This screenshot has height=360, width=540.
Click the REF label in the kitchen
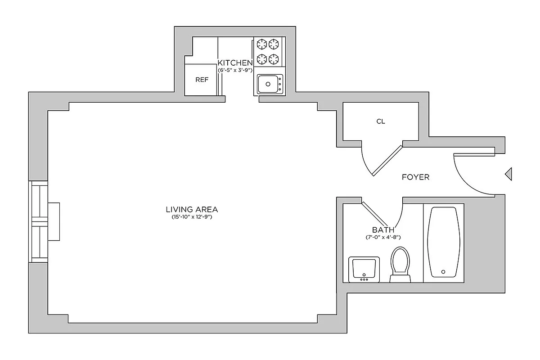[x=202, y=80]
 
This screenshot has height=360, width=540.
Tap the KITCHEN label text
[x=235, y=63]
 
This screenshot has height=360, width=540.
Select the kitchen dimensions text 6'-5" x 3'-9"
[x=235, y=70]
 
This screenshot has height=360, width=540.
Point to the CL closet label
[x=381, y=121]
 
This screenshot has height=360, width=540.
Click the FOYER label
[x=415, y=177]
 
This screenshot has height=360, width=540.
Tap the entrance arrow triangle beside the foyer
[x=508, y=174]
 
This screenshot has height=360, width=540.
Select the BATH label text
[x=383, y=229]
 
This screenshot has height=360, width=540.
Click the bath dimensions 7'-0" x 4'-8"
[x=383, y=237]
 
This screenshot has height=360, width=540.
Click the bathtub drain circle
[x=443, y=272]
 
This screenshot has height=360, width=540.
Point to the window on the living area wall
[x=38, y=221]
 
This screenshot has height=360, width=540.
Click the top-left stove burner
[x=261, y=44]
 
